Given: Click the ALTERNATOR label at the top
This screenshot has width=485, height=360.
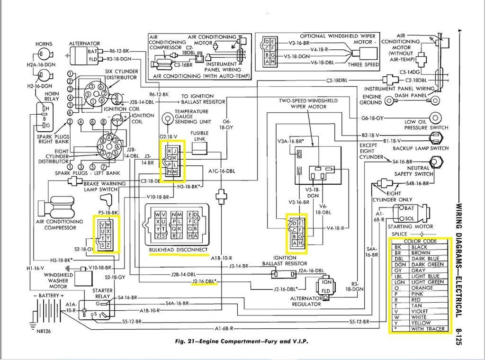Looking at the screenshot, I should point(84,44).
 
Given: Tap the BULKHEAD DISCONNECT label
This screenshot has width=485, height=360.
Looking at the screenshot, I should point(178,250).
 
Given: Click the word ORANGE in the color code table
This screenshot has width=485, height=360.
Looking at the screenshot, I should point(422,288).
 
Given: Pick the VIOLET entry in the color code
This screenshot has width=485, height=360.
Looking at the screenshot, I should point(421,311).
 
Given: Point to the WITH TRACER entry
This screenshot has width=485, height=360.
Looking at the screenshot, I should point(428,328).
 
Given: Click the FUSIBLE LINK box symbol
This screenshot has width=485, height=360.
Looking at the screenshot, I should point(199,149).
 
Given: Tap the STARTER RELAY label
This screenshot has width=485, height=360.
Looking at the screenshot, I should point(102,293).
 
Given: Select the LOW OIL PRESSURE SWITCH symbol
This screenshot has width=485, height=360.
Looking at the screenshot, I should point(435,117).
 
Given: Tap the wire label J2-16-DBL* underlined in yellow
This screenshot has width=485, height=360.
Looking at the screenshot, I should point(204,281).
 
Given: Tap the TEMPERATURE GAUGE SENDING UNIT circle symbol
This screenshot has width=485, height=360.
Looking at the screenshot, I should point(167,118).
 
